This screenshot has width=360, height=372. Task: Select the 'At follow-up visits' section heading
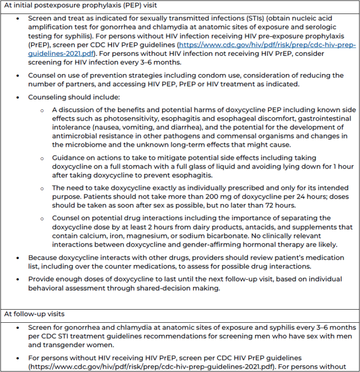[35, 313]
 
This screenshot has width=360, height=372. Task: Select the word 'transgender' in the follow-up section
[48, 345]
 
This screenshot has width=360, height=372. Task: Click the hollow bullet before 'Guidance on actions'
[42, 158]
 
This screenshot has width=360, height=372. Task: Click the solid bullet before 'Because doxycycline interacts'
[18, 258]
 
